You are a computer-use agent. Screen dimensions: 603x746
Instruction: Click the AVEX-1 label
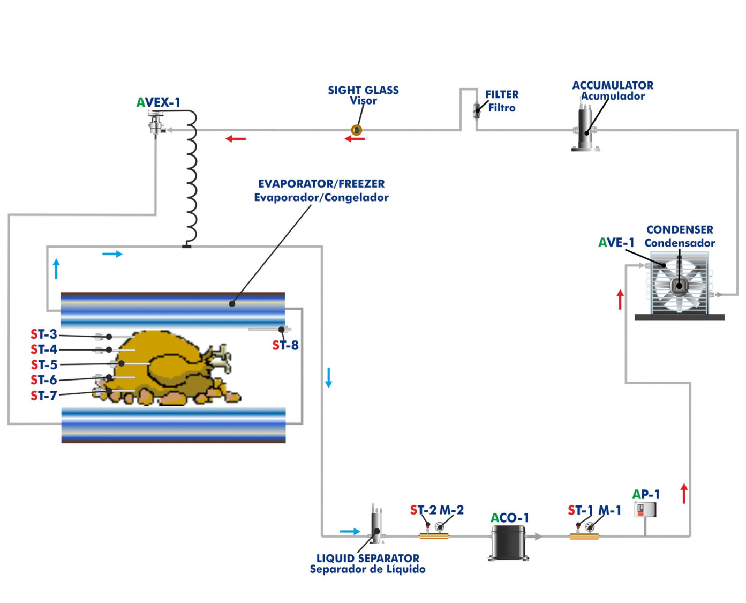pos(159,102)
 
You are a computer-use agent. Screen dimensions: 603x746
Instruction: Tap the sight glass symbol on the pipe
pos(357,130)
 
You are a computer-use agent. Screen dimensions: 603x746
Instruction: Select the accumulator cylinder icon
pos(585,130)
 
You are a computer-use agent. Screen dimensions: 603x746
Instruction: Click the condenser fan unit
pos(679,286)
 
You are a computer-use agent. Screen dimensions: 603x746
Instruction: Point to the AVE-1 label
pos(616,243)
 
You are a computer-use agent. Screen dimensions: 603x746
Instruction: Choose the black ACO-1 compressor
pos(508,542)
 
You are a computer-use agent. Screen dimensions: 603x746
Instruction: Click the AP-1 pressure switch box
pos(645,509)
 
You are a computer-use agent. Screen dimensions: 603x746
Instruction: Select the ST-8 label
pos(285,346)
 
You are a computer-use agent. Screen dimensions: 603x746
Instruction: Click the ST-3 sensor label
pos(44,334)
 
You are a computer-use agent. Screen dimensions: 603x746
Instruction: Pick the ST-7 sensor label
pos(44,396)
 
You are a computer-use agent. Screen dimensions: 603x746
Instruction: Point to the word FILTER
pos(502,94)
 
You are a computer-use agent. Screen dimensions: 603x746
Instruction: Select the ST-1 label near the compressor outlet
pos(581,510)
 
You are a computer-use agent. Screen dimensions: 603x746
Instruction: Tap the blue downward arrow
pos(329,377)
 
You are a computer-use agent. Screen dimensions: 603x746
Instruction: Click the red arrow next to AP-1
pos(684,493)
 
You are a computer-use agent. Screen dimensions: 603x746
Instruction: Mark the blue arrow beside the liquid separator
pos(350,531)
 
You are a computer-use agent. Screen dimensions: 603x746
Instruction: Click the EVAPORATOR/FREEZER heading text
pos(321,184)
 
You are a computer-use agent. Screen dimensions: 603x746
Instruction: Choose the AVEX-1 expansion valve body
pos(156,126)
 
